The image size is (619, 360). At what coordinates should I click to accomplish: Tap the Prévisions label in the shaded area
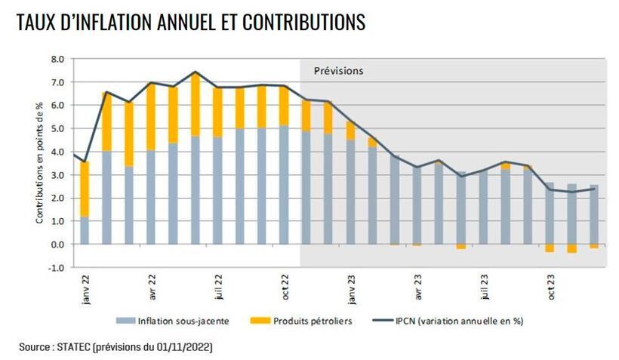pyautogui.click(x=338, y=71)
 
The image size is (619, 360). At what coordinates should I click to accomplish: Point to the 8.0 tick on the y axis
pyautogui.click(x=57, y=59)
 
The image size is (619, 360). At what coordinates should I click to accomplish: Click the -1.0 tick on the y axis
pyautogui.click(x=57, y=268)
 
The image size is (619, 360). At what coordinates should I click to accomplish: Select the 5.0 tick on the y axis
pyautogui.click(x=57, y=129)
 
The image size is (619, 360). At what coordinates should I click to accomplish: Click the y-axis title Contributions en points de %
pyautogui.click(x=39, y=163)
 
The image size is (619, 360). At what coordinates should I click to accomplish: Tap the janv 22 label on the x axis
pyautogui.click(x=85, y=288)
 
